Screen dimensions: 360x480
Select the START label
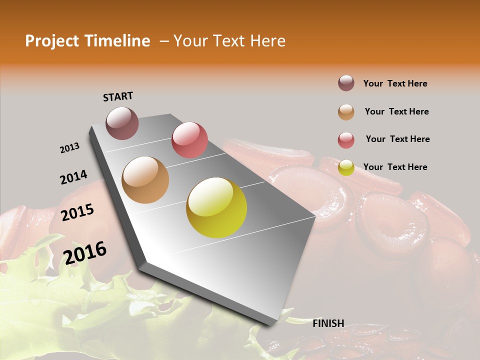[x=118, y=96]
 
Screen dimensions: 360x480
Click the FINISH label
[x=328, y=323]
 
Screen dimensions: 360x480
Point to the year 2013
[x=69, y=148]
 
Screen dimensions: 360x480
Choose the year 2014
[x=73, y=177]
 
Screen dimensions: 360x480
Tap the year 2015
[x=77, y=212]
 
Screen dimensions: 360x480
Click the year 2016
[x=85, y=252]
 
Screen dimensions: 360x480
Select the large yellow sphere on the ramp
[x=216, y=207]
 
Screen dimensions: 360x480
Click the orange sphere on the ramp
[x=145, y=180]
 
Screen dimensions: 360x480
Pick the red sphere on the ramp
[x=189, y=140]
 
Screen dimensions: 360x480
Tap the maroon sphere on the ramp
[x=122, y=123]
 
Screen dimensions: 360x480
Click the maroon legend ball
[x=346, y=83]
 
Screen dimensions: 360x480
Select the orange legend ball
[x=346, y=112]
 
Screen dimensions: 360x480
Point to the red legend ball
[x=346, y=140]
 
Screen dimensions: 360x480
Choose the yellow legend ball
[x=346, y=167]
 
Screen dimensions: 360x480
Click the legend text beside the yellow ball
[x=395, y=167]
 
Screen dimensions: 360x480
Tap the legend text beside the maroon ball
[x=395, y=83]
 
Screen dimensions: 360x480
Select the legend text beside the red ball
[x=397, y=139]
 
